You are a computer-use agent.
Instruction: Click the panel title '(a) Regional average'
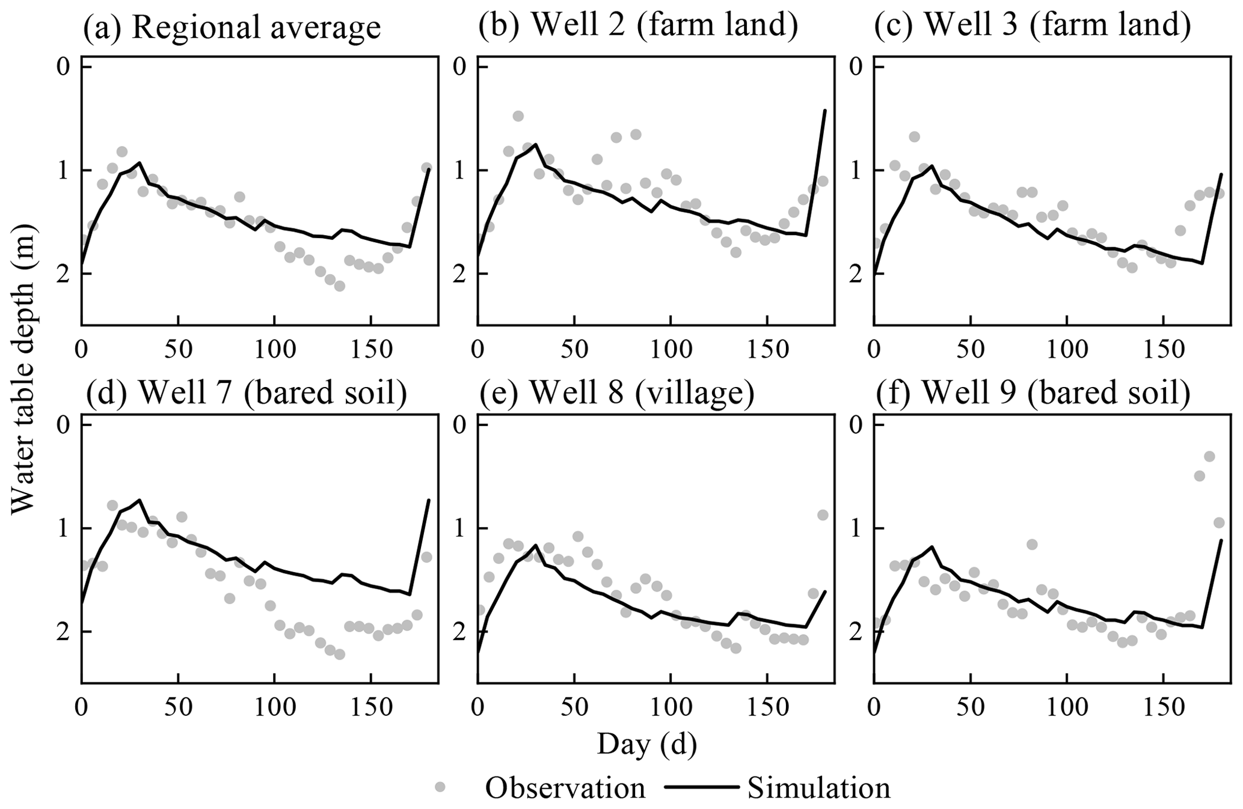tap(232, 27)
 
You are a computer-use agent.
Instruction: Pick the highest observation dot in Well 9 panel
tap(1192, 456)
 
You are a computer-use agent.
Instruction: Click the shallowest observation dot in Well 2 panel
tap(518, 115)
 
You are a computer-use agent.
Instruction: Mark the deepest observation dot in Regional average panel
tap(339, 286)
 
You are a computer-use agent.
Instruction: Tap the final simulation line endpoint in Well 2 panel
tap(825, 110)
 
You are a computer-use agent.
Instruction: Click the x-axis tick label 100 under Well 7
tap(274, 708)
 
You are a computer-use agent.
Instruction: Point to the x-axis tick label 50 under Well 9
tap(970, 708)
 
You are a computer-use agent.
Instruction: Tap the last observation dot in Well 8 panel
tap(823, 514)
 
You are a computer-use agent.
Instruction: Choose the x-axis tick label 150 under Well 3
tap(1163, 349)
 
